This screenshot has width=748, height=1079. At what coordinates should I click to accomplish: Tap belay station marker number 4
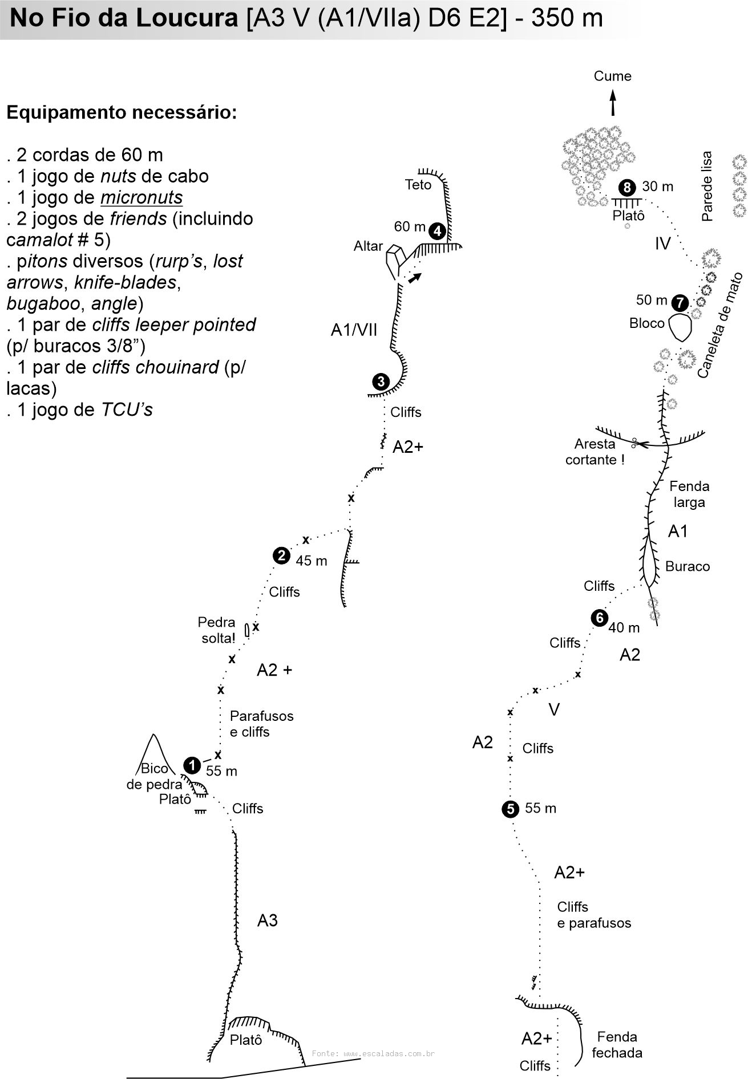tap(437, 231)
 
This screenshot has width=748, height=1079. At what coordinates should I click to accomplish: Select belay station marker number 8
tap(627, 187)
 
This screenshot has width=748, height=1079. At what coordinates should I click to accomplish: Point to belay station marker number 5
tap(510, 809)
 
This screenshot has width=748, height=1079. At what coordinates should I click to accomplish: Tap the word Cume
tap(613, 76)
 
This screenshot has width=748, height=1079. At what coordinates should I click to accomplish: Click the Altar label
tap(368, 246)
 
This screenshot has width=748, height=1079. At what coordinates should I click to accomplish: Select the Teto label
tap(418, 185)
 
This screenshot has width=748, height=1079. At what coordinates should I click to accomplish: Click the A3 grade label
tap(267, 920)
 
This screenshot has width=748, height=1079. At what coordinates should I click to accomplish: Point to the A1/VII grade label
tap(354, 330)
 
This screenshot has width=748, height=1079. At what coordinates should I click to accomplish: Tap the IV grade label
tap(662, 244)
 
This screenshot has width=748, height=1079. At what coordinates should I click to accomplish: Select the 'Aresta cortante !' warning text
tap(595, 452)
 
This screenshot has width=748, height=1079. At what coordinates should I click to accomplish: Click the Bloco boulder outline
tap(680, 327)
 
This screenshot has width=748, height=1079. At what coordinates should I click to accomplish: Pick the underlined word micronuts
tap(141, 197)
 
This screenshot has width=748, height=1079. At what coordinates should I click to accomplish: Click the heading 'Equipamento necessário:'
tap(122, 112)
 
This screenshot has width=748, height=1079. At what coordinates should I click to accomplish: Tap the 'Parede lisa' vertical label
tap(707, 186)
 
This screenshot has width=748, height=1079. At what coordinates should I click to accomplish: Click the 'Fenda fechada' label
tap(617, 1045)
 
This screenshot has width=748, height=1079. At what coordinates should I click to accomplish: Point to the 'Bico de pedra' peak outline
tap(152, 748)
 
